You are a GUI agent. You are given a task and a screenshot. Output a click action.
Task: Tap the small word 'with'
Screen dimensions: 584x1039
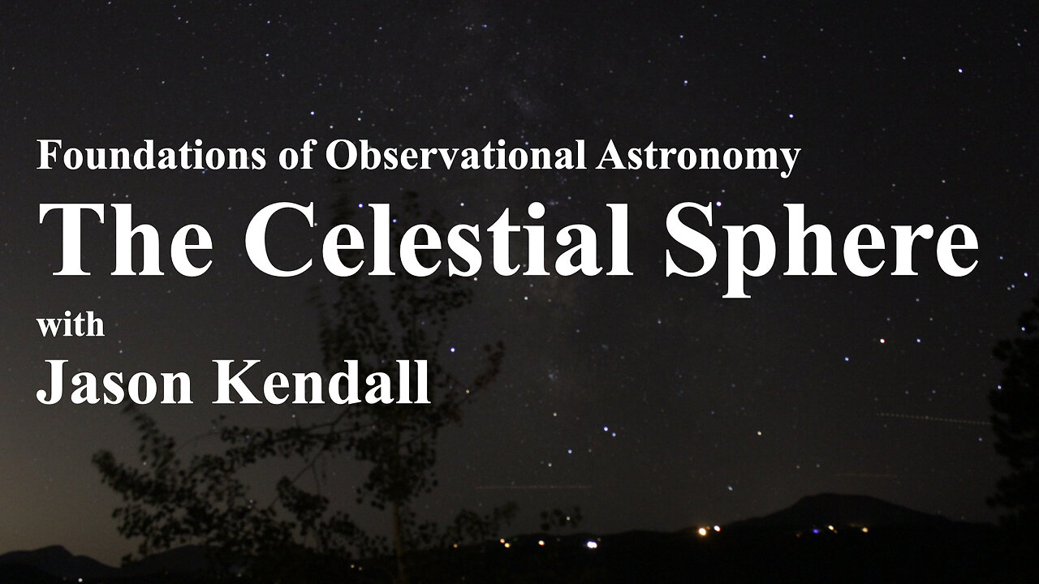coord(71,325)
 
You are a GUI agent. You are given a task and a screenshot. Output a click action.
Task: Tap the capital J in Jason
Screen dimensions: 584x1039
coord(47,382)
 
